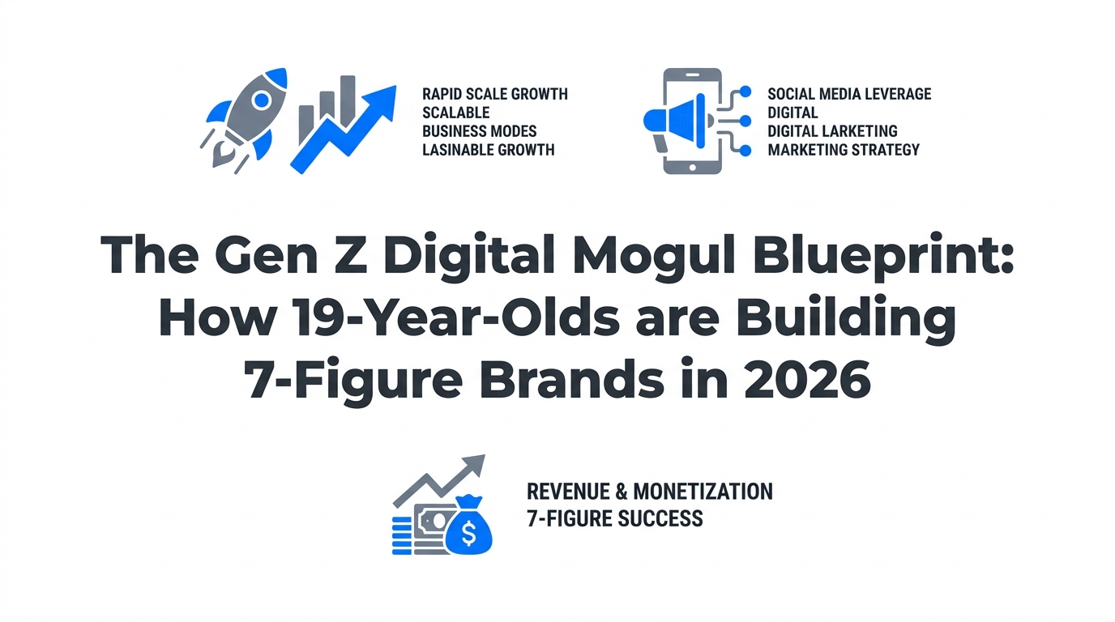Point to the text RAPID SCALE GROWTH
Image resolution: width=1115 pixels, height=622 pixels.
[x=495, y=94]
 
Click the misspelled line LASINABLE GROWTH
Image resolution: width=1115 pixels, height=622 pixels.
[x=489, y=150]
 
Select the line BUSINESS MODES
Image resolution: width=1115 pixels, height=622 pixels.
[x=480, y=131]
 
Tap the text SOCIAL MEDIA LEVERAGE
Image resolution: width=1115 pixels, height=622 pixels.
[x=849, y=94]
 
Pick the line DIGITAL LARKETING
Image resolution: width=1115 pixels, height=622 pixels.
[x=832, y=131]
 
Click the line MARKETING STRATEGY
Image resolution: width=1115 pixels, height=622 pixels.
[x=844, y=150]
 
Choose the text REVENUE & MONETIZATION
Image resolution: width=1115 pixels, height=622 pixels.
[x=649, y=492]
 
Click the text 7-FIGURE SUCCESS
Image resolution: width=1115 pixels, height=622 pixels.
[x=614, y=518]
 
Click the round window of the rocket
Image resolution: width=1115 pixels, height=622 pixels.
[x=261, y=100]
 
